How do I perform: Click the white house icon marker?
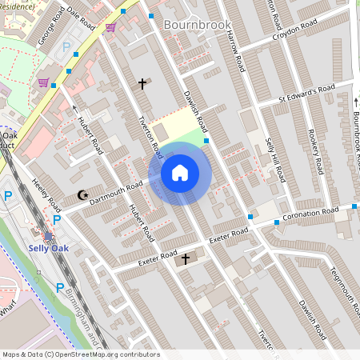180,173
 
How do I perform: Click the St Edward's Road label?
306,94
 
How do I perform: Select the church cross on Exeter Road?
186,258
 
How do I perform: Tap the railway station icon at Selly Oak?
48,237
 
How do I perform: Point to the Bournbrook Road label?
355,128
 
